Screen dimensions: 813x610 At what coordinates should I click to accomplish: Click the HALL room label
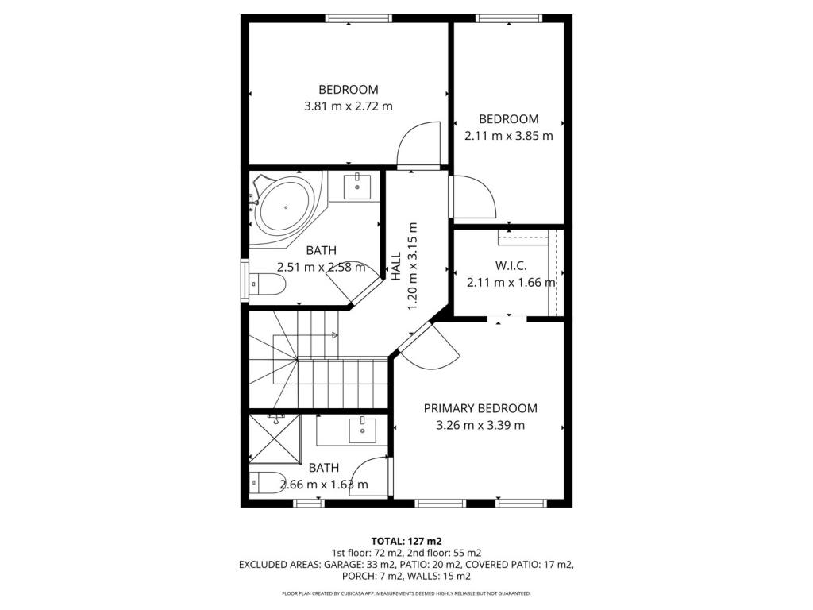click(x=396, y=267)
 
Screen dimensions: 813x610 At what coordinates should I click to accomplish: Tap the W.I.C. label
click(x=511, y=266)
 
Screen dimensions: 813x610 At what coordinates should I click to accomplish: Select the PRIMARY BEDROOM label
click(x=480, y=408)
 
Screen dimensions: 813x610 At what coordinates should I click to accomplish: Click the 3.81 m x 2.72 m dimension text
click(x=348, y=106)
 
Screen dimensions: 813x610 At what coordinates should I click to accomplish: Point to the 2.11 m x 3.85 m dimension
click(x=509, y=136)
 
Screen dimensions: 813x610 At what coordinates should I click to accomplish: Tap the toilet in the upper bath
click(x=268, y=284)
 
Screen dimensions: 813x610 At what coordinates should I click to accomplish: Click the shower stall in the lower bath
click(x=274, y=438)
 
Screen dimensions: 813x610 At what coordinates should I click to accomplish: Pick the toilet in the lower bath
click(x=267, y=483)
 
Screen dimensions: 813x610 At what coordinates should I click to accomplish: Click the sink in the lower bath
click(x=362, y=430)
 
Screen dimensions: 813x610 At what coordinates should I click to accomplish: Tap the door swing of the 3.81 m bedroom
click(x=419, y=145)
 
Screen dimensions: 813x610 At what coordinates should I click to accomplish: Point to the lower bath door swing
click(x=369, y=477)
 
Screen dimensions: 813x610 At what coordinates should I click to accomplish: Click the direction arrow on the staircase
click(x=335, y=335)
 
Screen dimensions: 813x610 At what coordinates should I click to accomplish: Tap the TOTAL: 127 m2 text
click(x=406, y=542)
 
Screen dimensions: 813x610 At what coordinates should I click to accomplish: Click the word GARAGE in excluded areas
click(x=343, y=565)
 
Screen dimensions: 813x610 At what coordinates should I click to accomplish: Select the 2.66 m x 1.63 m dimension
click(x=324, y=485)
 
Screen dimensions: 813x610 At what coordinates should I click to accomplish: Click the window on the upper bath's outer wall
click(x=245, y=280)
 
